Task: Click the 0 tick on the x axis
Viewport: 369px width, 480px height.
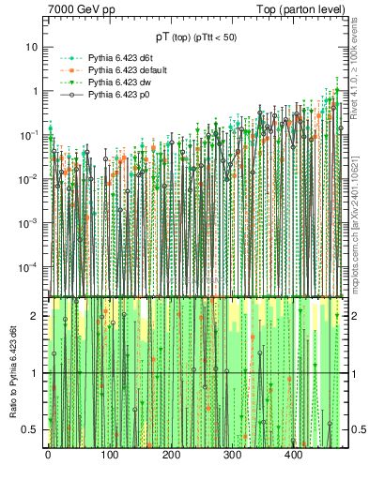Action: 48,456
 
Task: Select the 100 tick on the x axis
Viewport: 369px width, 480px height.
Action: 109,456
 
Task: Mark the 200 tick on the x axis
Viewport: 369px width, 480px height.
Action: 171,456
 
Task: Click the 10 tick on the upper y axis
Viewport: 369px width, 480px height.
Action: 32,47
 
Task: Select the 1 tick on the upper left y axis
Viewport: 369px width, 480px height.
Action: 35,91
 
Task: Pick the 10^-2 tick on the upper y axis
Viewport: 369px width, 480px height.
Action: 28,179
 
